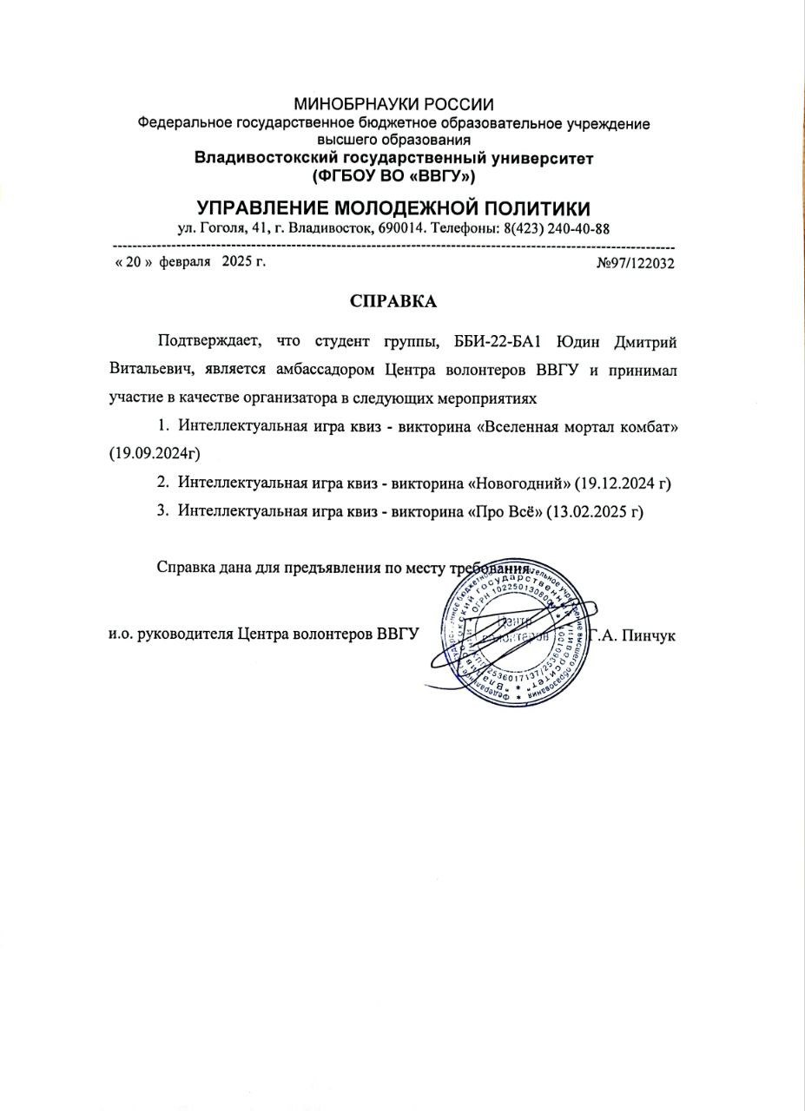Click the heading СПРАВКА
coord(393,301)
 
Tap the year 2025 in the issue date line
coord(236,261)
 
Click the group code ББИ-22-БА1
coord(501,342)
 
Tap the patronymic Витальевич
coord(153,371)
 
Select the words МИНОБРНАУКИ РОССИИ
coord(393,106)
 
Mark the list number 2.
coord(162,483)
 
